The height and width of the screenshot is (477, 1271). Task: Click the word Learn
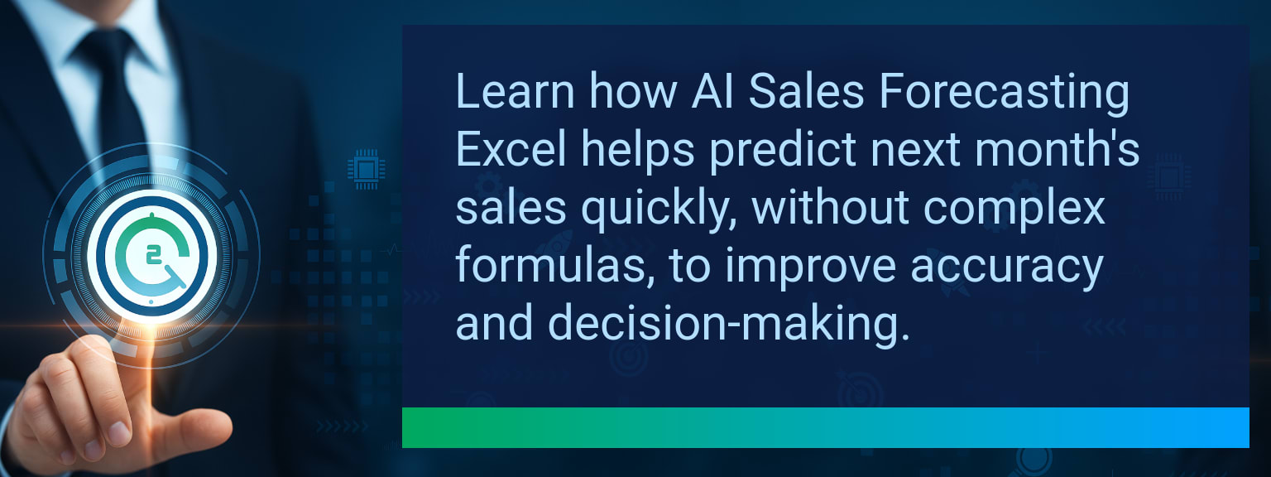click(x=516, y=91)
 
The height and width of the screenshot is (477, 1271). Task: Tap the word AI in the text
click(x=712, y=91)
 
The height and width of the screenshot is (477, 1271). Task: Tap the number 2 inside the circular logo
click(x=152, y=256)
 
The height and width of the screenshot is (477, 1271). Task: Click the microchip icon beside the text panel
click(x=367, y=169)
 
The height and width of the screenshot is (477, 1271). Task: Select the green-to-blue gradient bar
click(x=826, y=427)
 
